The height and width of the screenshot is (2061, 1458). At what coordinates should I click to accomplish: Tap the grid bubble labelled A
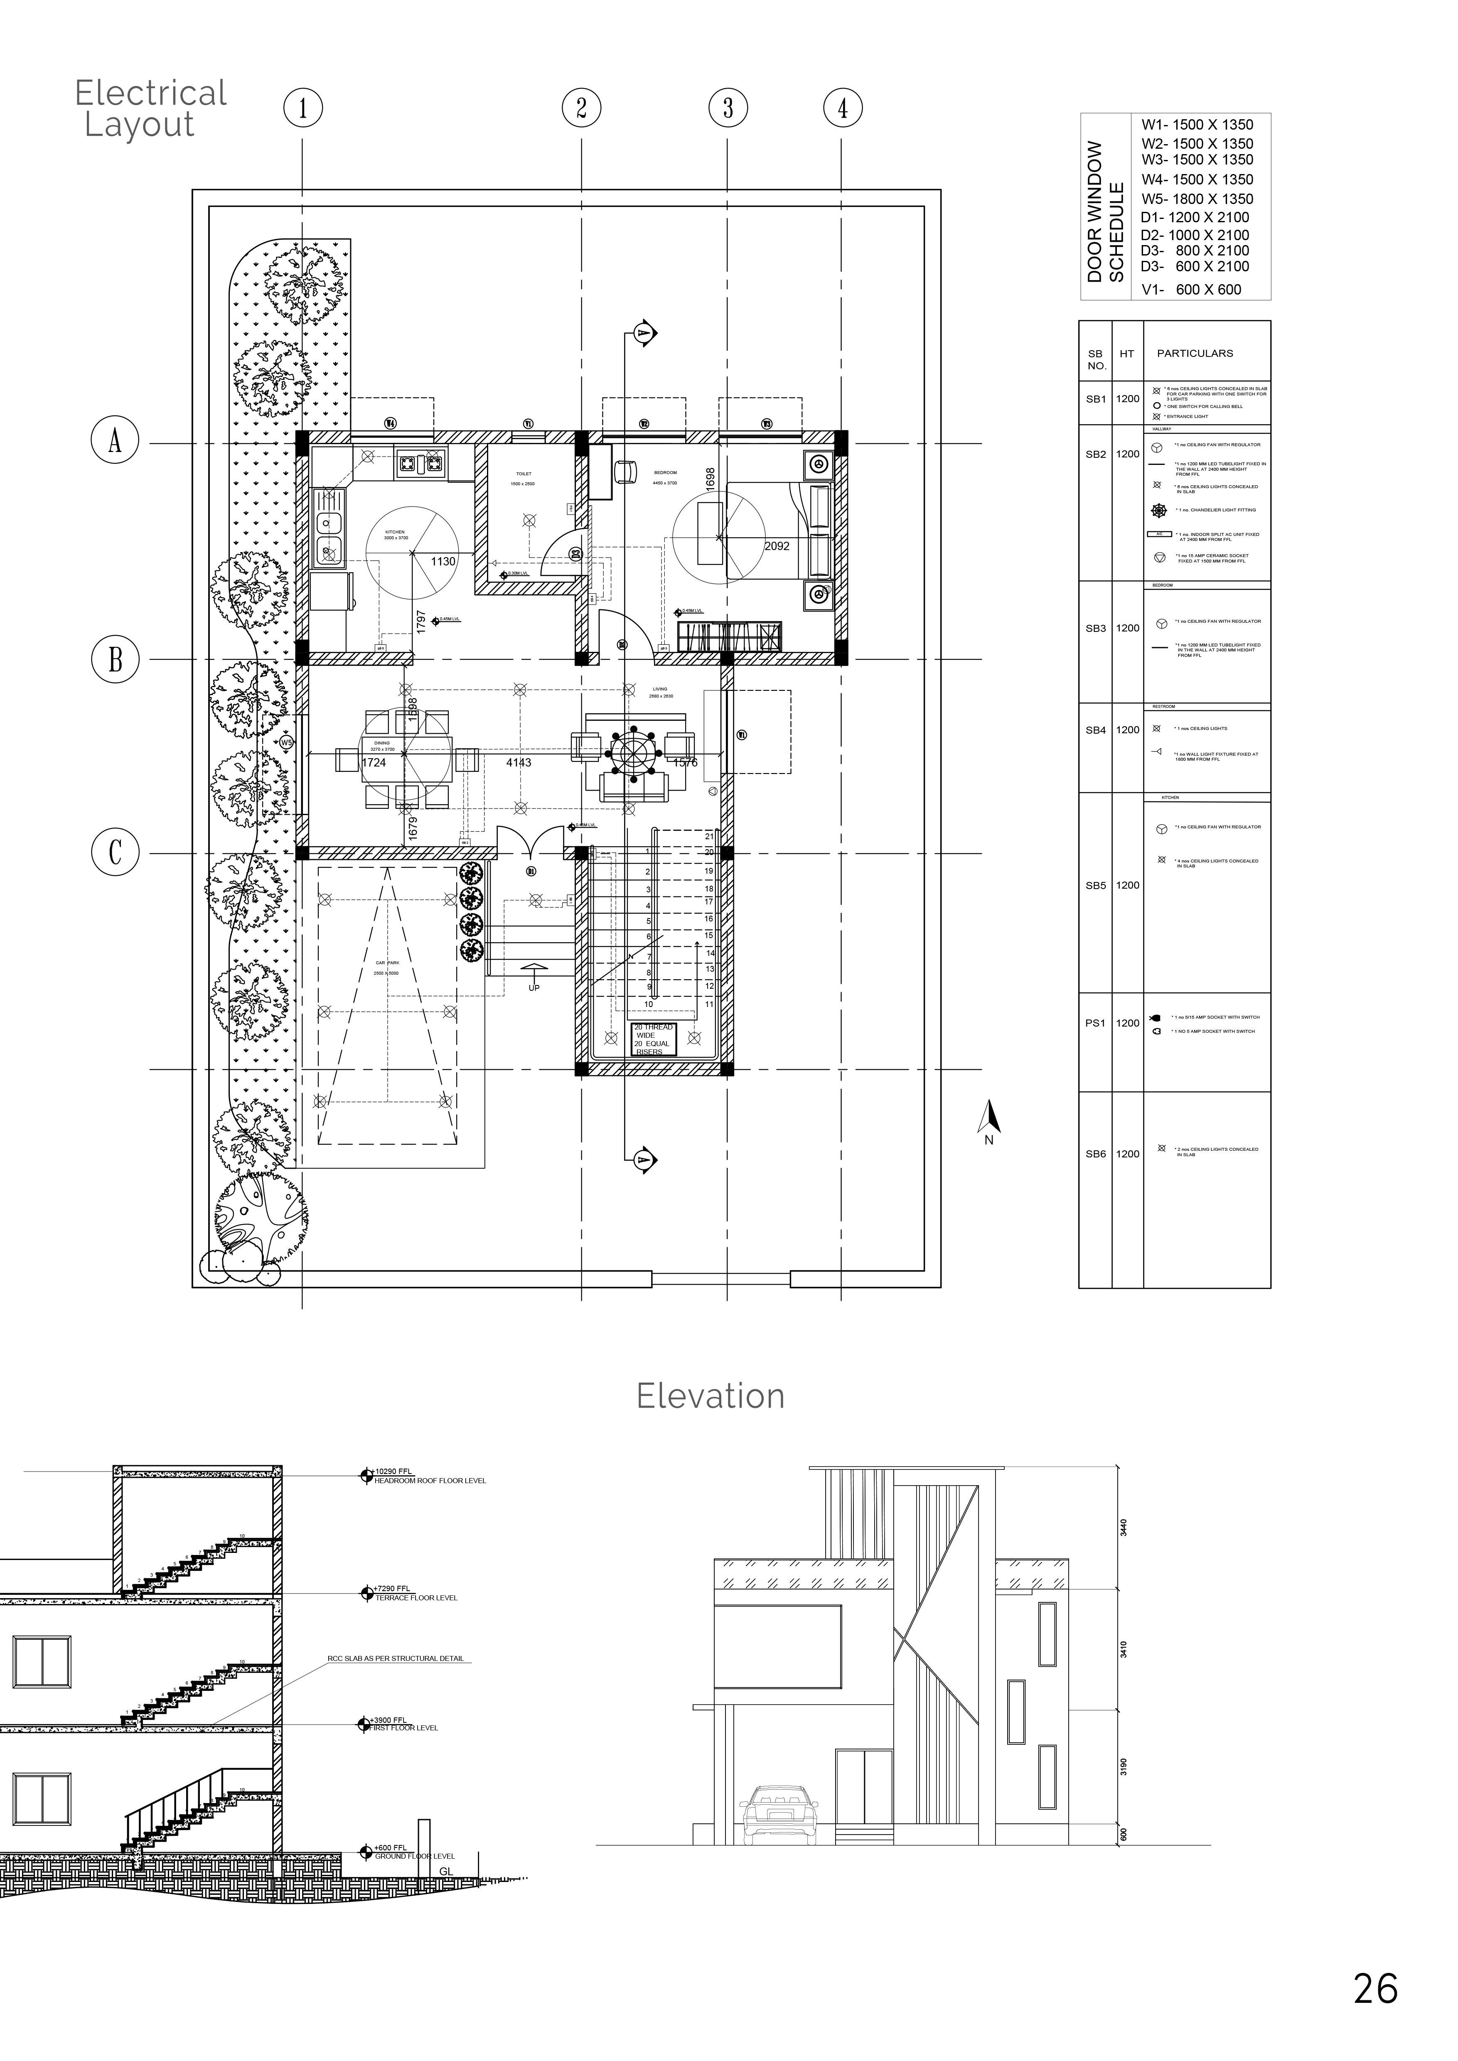coord(115,442)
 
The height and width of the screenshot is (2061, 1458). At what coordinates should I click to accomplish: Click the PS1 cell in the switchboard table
coord(1095,1022)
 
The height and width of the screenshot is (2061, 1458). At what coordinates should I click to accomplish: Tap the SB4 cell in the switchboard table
coord(1095,730)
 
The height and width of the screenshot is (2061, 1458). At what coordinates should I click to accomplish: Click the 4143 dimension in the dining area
coord(519,763)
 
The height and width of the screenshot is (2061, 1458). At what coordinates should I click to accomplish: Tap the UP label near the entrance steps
coord(534,988)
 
